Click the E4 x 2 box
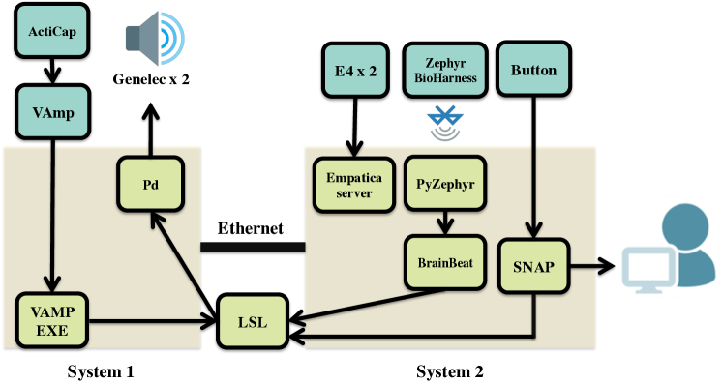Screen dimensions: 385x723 tap(354, 71)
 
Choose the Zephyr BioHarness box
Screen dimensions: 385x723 tap(446, 71)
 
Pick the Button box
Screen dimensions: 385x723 tap(533, 70)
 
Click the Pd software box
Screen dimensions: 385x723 tap(150, 184)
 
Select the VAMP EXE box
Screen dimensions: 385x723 tap(52, 320)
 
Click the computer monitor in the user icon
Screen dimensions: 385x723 tap(649, 268)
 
